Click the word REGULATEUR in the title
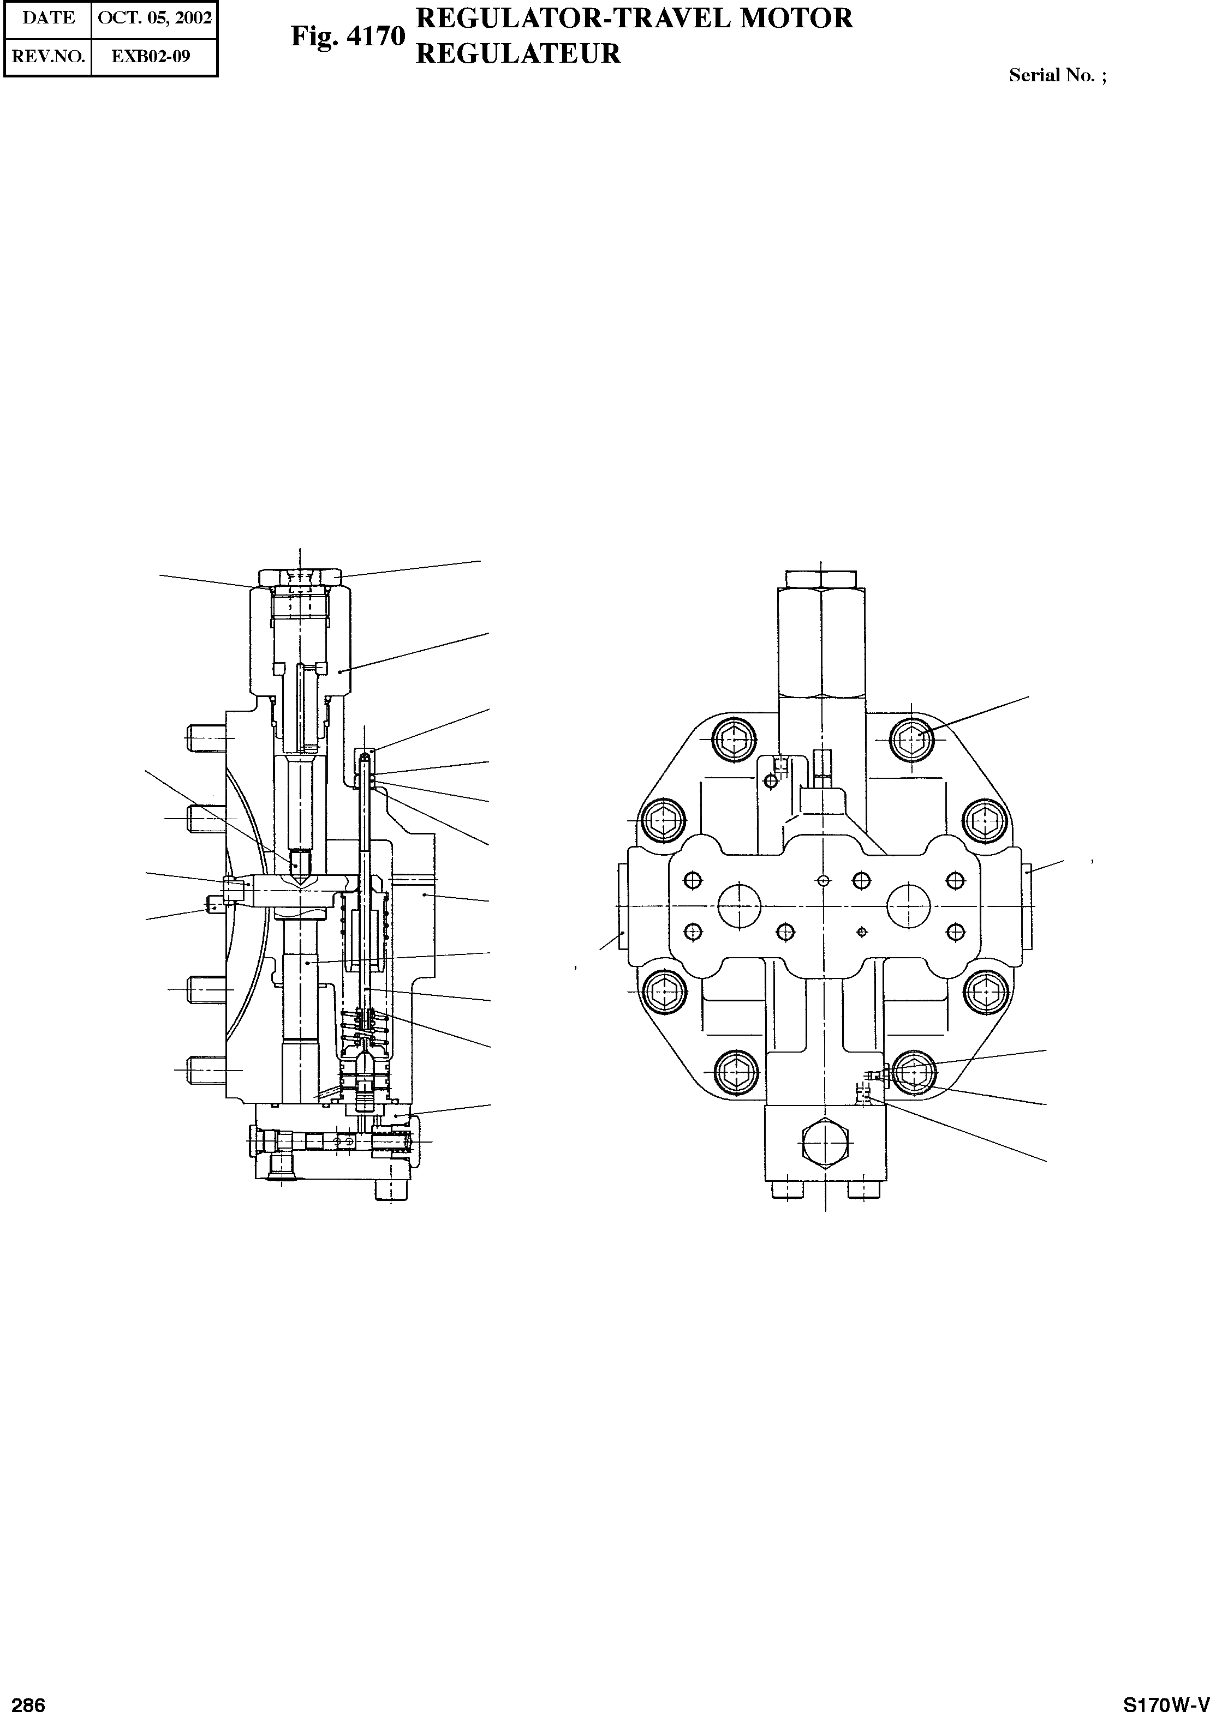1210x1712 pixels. point(518,53)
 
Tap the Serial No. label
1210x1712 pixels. point(1056,75)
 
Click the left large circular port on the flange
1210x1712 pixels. point(738,906)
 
